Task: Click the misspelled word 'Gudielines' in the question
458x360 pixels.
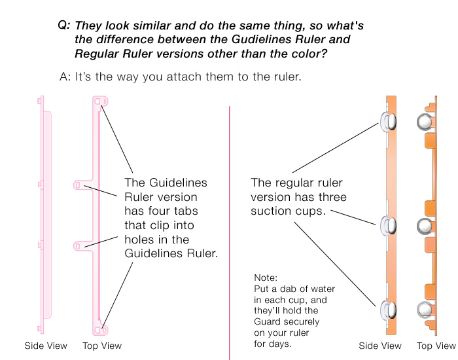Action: tap(268, 40)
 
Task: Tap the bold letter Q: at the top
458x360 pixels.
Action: tap(63, 26)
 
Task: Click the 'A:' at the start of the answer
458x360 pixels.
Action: tap(65, 77)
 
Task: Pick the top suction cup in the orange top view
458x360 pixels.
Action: tap(425, 122)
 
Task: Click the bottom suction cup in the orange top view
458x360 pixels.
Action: tap(425, 309)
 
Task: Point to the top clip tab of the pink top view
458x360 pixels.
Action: tap(99, 103)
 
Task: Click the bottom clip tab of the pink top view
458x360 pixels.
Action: tap(99, 330)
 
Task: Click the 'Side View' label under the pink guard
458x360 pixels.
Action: tap(46, 346)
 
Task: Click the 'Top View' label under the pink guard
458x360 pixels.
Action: tap(102, 346)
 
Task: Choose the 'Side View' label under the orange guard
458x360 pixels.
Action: tap(380, 346)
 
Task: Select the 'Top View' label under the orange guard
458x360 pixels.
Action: tap(436, 346)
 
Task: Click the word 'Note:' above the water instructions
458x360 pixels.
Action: tap(266, 278)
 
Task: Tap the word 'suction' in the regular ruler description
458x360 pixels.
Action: tap(270, 211)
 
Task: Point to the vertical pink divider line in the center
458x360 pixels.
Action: tap(230, 229)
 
